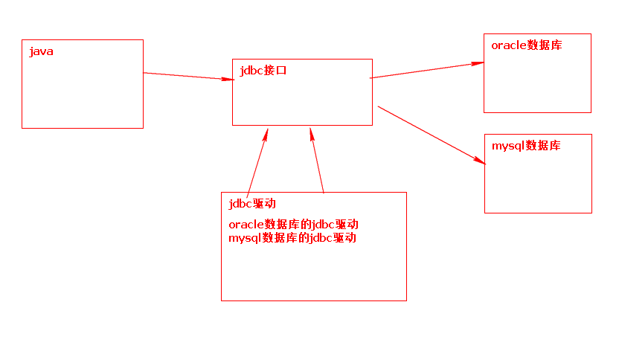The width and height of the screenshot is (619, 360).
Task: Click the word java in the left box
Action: coord(41,52)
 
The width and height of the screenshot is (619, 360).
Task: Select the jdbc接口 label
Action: coord(263,71)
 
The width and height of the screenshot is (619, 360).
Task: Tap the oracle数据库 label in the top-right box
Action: coord(527,45)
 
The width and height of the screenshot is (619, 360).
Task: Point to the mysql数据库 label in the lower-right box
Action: coord(526,146)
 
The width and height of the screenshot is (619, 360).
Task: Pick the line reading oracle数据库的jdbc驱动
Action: coord(294,225)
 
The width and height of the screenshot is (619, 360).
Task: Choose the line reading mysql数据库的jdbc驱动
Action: coord(292,239)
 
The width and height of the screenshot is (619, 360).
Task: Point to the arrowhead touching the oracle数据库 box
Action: coord(478,63)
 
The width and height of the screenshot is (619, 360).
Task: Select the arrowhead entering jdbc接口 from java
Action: coord(228,79)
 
